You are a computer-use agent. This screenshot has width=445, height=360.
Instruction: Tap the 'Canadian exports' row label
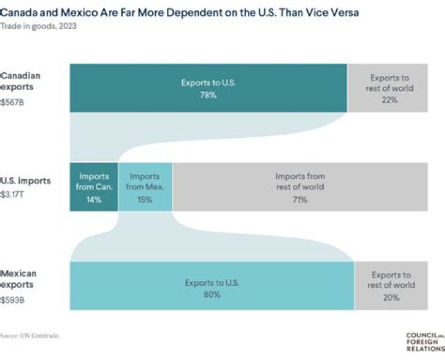[21, 81]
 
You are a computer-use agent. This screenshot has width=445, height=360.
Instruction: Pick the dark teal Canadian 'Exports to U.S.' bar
[208, 88]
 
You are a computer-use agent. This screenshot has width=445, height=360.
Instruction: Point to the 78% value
[208, 95]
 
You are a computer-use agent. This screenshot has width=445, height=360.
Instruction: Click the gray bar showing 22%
[388, 88]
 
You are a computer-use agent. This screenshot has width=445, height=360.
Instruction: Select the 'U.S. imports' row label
[26, 181]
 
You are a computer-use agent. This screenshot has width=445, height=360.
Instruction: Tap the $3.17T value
[13, 194]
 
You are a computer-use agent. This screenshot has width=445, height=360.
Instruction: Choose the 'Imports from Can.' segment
[93, 187]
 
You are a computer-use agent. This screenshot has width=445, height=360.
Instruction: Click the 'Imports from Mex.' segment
[145, 187]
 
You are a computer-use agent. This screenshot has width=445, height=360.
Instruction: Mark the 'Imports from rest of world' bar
[300, 187]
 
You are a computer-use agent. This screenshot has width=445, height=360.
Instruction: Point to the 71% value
[300, 199]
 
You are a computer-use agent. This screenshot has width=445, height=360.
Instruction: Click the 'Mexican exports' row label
[19, 279]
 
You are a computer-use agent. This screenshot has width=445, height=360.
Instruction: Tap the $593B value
[13, 300]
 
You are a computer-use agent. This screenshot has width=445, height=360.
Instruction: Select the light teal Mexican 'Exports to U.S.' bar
[211, 286]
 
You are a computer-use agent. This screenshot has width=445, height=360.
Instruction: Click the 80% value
[211, 295]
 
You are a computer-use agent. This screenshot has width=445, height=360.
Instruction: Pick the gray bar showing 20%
[390, 286]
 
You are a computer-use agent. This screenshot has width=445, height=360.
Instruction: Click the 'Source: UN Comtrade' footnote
[30, 335]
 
